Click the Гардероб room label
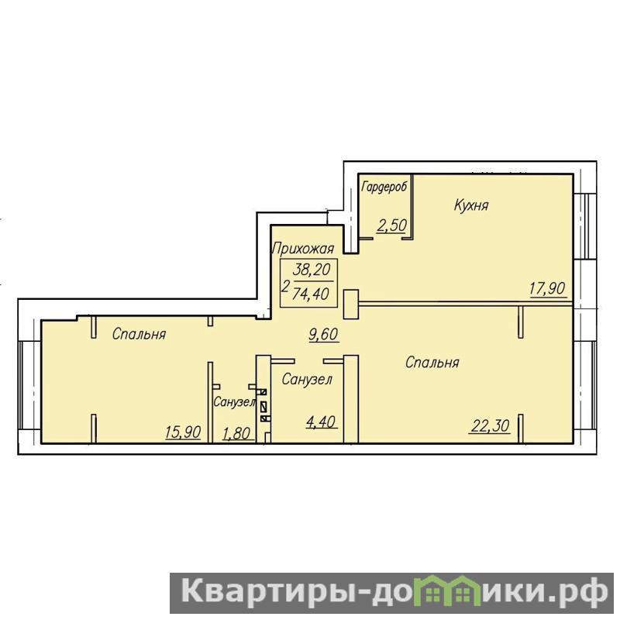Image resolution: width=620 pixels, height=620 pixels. pyautogui.click(x=384, y=187)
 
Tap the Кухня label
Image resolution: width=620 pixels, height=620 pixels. pyautogui.click(x=471, y=205)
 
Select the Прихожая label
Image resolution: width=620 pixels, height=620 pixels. pyautogui.click(x=303, y=249)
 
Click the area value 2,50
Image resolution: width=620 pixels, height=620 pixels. pyautogui.click(x=391, y=225)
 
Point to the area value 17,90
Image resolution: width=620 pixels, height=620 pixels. pyautogui.click(x=548, y=288)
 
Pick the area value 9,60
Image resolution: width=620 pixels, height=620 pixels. pyautogui.click(x=323, y=334)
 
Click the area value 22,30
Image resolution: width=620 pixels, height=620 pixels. pyautogui.click(x=490, y=425)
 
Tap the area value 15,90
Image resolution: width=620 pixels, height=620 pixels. pyautogui.click(x=183, y=432)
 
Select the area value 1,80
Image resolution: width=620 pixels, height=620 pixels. pyautogui.click(x=236, y=434)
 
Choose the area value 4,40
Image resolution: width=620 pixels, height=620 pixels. pyautogui.click(x=322, y=422)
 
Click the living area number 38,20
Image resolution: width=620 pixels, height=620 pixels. pyautogui.click(x=312, y=270)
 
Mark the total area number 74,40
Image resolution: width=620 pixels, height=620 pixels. pyautogui.click(x=312, y=294)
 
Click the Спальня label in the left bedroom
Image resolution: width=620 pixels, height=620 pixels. pyautogui.click(x=139, y=334)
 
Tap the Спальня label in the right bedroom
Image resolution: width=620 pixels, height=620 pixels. pyautogui.click(x=432, y=362)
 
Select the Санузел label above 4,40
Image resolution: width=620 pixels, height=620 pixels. pyautogui.click(x=307, y=380)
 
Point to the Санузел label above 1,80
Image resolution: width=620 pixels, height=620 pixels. pyautogui.click(x=234, y=402)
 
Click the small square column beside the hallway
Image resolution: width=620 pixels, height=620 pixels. pyautogui.click(x=351, y=304)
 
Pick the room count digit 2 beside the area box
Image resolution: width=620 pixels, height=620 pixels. pyautogui.click(x=285, y=285)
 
